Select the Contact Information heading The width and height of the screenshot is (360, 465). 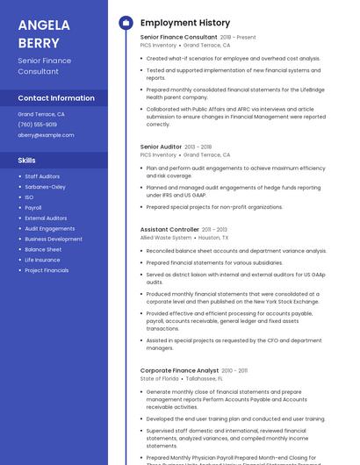[x=56, y=97]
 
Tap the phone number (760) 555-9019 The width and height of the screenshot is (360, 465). [x=38, y=125]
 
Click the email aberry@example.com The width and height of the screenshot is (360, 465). [x=46, y=135]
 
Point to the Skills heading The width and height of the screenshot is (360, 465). [x=26, y=160]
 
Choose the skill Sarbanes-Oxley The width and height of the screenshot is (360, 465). [x=45, y=187]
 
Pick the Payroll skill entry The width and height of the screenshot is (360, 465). [x=33, y=208]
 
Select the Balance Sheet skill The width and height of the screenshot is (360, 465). [x=43, y=249]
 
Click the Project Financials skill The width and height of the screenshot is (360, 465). [x=47, y=270]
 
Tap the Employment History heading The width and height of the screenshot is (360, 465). [x=185, y=23]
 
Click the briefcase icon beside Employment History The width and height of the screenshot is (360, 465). [x=126, y=23]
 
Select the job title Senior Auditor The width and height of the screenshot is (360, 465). [x=161, y=147]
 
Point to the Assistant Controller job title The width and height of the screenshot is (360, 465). [x=169, y=229]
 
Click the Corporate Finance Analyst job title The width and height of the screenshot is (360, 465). [x=180, y=370]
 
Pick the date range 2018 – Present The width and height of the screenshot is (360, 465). [x=238, y=38]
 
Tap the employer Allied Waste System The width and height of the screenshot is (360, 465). [x=165, y=238]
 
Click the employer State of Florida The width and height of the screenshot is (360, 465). [x=158, y=379]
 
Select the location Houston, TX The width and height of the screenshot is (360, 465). [x=213, y=238]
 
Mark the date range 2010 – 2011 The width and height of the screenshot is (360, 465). [x=235, y=370]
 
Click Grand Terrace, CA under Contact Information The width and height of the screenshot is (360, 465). [x=41, y=114]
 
